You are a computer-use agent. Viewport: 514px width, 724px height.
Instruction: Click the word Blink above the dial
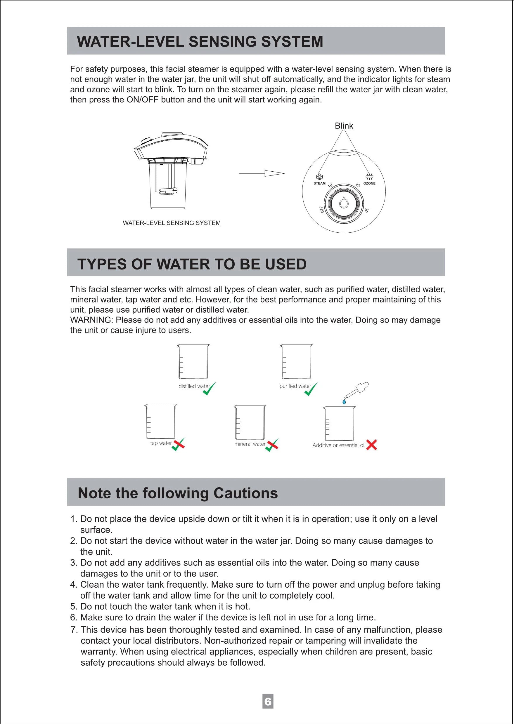click(x=344, y=126)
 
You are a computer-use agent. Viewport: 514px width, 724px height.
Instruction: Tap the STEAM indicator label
click(x=319, y=183)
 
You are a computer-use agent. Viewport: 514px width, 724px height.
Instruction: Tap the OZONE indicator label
click(x=369, y=183)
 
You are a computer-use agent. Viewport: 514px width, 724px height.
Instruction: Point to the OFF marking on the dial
click(x=321, y=209)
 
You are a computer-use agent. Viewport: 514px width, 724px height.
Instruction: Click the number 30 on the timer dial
click(x=366, y=210)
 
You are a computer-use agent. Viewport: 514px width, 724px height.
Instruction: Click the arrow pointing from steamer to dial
click(x=262, y=173)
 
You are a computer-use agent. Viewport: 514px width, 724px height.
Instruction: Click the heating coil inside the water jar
click(x=168, y=191)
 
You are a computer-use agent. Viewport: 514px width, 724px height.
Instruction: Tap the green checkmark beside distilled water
click(x=209, y=389)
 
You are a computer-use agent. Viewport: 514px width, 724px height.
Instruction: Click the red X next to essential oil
click(x=371, y=445)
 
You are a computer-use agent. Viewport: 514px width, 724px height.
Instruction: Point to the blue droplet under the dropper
click(x=344, y=402)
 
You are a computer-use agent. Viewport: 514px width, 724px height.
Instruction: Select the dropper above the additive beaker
click(x=358, y=390)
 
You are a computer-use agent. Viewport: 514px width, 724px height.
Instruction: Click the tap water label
click(x=161, y=443)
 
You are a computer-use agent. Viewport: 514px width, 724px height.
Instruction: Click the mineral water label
click(x=250, y=444)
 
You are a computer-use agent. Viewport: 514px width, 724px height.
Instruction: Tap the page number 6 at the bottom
click(x=268, y=702)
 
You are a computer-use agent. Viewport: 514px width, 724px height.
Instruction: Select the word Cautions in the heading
click(x=245, y=493)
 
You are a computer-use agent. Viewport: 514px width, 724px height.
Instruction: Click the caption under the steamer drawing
click(x=172, y=223)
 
